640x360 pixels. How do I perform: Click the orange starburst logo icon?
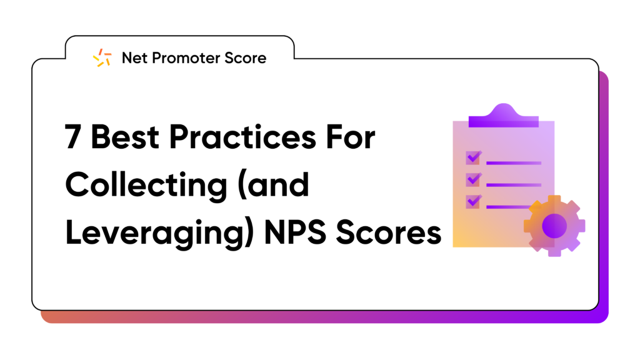pyautogui.click(x=102, y=57)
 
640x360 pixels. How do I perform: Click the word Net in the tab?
pyautogui.click(x=134, y=58)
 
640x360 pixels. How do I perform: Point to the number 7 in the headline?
pyautogui.click(x=72, y=137)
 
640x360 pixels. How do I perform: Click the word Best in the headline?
pyautogui.click(x=125, y=137)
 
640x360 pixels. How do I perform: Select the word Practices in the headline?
pyautogui.click(x=242, y=137)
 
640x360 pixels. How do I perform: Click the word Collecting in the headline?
pyautogui.click(x=146, y=186)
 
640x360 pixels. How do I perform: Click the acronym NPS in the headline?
pyautogui.click(x=295, y=233)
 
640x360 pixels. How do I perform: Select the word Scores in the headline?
pyautogui.click(x=389, y=233)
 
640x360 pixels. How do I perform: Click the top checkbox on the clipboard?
pyautogui.click(x=474, y=157)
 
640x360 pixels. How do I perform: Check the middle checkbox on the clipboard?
pyautogui.click(x=474, y=179)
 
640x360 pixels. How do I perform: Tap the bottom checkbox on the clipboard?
pyautogui.click(x=474, y=201)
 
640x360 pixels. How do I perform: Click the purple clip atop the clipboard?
pyautogui.click(x=504, y=116)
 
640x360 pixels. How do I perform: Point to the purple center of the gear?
pyautogui.click(x=554, y=226)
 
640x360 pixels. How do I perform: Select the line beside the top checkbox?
pyautogui.click(x=514, y=163)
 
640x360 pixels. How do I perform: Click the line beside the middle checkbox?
pyautogui.click(x=514, y=185)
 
